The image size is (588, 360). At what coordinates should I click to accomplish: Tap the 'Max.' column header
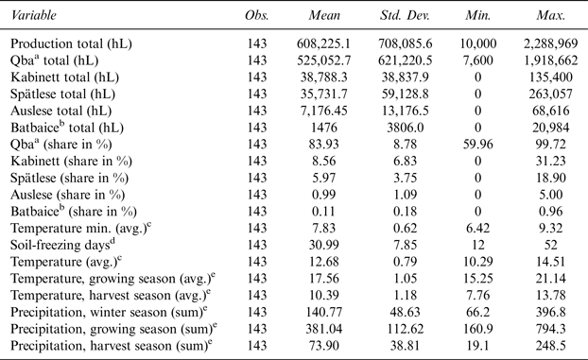point(550,16)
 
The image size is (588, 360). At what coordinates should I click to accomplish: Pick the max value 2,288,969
point(550,43)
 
